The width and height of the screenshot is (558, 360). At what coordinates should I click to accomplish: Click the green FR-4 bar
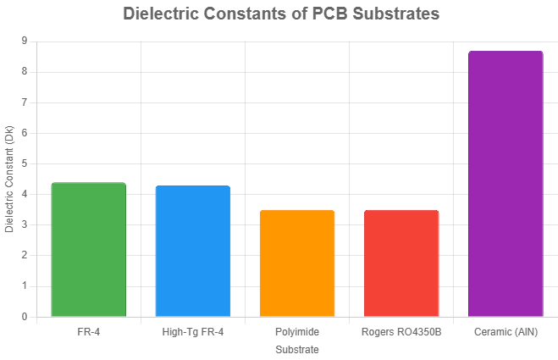click(89, 250)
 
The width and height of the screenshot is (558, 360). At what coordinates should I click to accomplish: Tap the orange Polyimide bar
click(297, 263)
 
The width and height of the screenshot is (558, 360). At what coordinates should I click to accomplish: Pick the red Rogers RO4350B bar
click(401, 263)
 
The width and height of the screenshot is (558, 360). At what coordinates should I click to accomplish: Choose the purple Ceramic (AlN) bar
click(506, 184)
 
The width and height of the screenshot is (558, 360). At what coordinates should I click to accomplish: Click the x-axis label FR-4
click(89, 331)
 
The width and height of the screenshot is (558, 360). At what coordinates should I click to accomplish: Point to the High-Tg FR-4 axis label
click(193, 331)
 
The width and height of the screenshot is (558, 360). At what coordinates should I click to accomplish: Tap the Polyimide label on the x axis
click(297, 331)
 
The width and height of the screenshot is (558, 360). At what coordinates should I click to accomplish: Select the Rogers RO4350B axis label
click(401, 331)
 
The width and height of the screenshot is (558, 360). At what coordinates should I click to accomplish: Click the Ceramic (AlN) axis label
click(506, 331)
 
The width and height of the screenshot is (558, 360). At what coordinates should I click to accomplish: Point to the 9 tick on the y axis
click(24, 42)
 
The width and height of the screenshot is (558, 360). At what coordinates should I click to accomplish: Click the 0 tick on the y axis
click(24, 317)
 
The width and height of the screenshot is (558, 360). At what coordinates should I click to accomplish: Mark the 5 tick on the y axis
click(24, 163)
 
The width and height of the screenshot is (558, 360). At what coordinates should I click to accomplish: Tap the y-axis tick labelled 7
click(24, 102)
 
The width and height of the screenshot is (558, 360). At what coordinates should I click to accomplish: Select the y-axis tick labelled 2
click(24, 256)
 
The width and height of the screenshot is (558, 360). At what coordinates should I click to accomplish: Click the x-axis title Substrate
click(297, 349)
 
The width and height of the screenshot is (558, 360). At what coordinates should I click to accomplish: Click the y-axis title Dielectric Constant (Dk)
click(9, 179)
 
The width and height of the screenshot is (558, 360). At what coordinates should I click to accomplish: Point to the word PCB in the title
click(327, 14)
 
